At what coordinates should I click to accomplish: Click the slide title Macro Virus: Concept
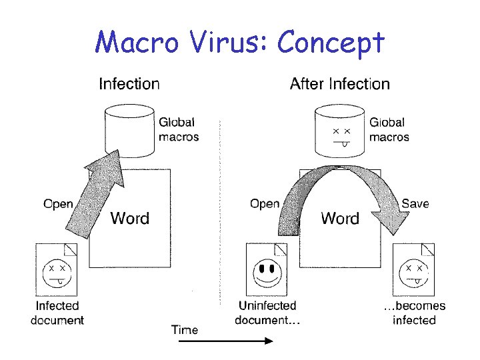point(240,42)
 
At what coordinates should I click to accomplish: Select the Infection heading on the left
point(129,84)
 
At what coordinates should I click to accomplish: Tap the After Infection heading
point(340,84)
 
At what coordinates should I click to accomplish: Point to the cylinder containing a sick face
point(340,130)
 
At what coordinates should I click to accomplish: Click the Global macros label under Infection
point(178,129)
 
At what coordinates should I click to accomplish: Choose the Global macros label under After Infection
point(389,129)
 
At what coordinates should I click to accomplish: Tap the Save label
point(415,203)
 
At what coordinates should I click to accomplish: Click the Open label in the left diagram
point(58,203)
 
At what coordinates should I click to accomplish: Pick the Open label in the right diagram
point(265,203)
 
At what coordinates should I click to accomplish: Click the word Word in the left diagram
point(129,218)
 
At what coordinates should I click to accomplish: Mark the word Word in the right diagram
point(340,218)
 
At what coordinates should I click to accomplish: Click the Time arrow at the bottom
point(225,341)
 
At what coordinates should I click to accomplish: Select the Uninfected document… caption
point(267,313)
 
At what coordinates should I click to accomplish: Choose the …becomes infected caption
point(414,313)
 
